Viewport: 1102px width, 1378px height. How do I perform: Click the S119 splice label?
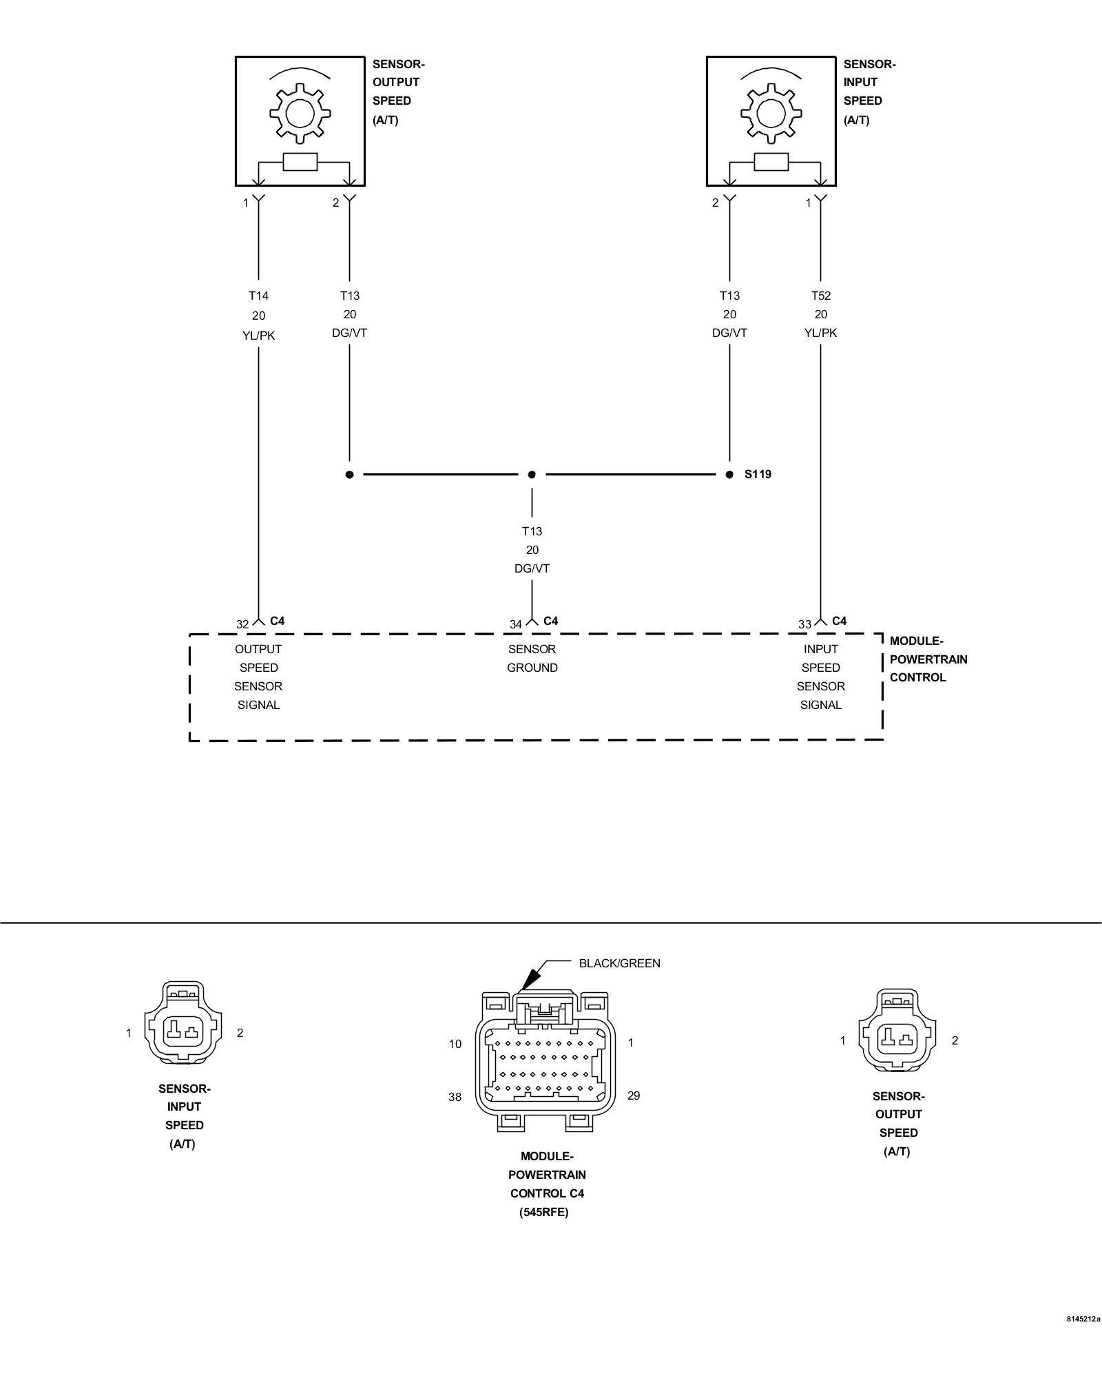pyautogui.click(x=758, y=474)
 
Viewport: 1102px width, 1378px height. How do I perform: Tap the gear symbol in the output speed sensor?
pyautogui.click(x=300, y=113)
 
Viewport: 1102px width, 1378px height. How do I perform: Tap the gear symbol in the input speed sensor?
pyautogui.click(x=771, y=113)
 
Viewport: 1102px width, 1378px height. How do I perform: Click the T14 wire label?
pyautogui.click(x=258, y=296)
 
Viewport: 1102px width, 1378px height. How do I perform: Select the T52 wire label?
pyautogui.click(x=820, y=296)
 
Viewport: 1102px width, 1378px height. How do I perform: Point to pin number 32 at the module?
pyautogui.click(x=242, y=624)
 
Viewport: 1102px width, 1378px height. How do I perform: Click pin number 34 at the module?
pyautogui.click(x=516, y=624)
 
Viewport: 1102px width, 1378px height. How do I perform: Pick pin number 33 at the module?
pyautogui.click(x=804, y=624)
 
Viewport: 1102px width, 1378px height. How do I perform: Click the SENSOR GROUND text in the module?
pyautogui.click(x=532, y=658)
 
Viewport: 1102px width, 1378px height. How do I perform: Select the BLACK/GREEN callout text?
pyautogui.click(x=619, y=963)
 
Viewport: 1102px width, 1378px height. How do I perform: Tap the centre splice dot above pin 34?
pyautogui.click(x=532, y=475)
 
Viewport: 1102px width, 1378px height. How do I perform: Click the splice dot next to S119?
pyautogui.click(x=729, y=475)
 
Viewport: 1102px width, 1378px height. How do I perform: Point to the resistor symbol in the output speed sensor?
pyautogui.click(x=300, y=162)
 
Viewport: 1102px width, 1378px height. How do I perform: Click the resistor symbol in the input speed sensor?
pyautogui.click(x=771, y=162)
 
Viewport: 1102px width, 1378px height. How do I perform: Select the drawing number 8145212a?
pyautogui.click(x=1083, y=1319)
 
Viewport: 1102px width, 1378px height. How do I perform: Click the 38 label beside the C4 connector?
pyautogui.click(x=455, y=1097)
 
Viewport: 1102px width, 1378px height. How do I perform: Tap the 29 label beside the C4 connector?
pyautogui.click(x=634, y=1096)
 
